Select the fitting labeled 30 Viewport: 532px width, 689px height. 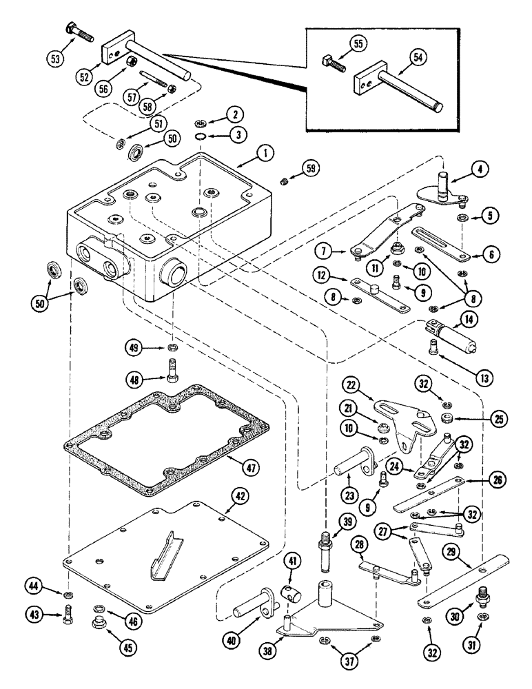482,593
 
